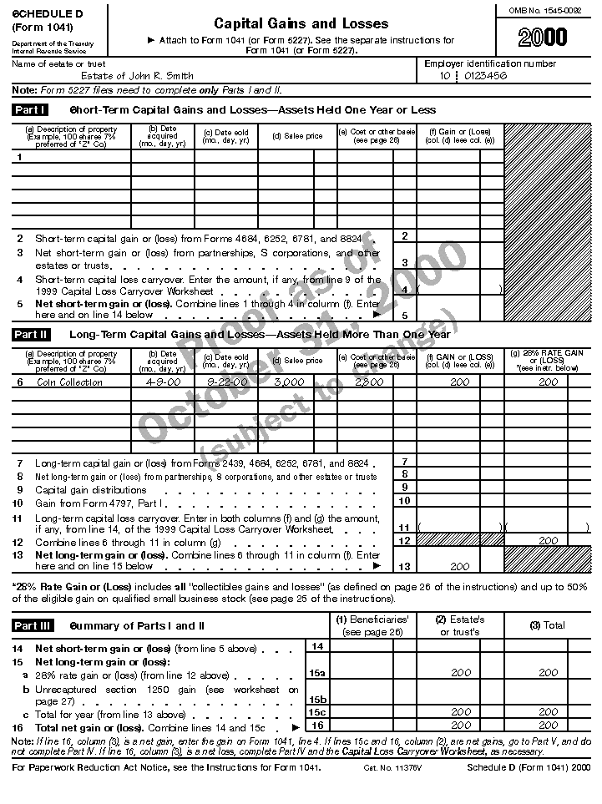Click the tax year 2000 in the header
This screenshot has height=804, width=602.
click(x=542, y=37)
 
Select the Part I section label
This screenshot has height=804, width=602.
click(x=30, y=109)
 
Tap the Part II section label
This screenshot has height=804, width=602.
click(x=31, y=335)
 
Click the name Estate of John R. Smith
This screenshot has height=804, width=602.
click(x=137, y=76)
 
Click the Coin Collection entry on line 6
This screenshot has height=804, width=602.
click(x=70, y=382)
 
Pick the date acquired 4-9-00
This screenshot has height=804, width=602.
click(x=163, y=382)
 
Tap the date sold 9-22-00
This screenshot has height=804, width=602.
click(x=226, y=382)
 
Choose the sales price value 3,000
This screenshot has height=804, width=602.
click(x=289, y=382)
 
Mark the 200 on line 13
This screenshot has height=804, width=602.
click(x=460, y=567)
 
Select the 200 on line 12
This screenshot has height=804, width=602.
click(x=548, y=541)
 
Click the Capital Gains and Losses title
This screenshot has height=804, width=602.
click(x=301, y=23)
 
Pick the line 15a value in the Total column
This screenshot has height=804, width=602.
click(x=548, y=673)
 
